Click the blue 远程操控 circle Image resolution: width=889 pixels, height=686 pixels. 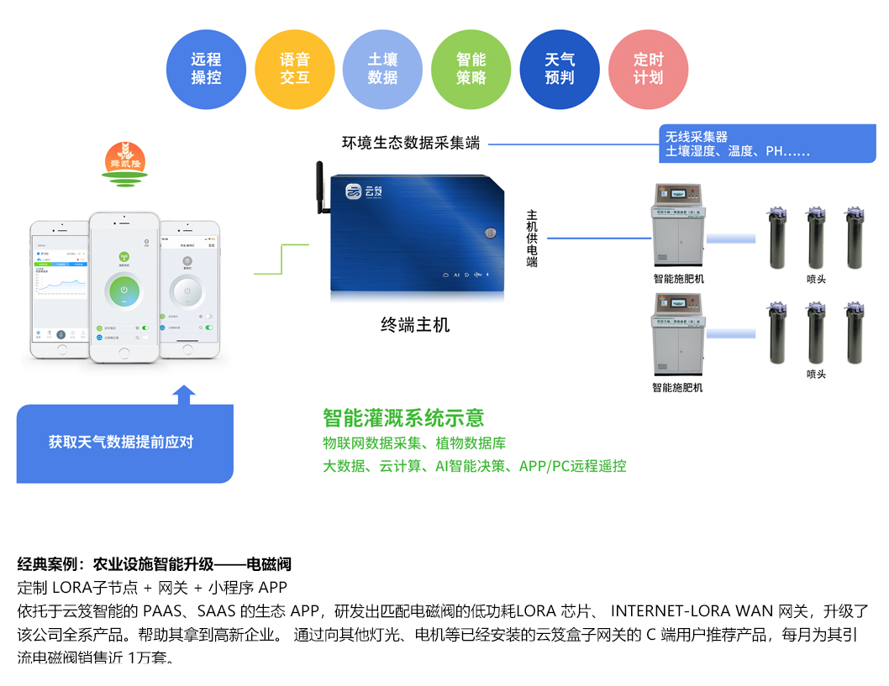206,69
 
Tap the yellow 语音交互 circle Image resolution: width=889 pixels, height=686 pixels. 295,69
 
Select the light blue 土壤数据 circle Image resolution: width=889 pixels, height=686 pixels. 382,69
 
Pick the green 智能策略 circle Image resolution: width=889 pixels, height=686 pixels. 471,69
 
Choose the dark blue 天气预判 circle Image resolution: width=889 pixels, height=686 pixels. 560,69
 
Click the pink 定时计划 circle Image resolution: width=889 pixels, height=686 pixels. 648,69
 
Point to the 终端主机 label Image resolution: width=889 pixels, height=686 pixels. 415,325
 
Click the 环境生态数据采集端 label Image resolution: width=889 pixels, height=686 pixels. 411,143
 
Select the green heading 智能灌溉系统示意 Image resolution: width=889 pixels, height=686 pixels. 403,418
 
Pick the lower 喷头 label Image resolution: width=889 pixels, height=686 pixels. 816,374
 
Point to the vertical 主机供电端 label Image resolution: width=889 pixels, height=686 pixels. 532,238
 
